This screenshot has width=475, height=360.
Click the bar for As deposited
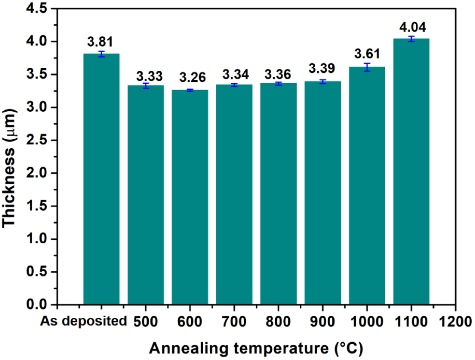[101, 180]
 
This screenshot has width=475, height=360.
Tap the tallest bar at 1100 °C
[411, 172]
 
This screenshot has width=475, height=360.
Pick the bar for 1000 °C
[367, 185]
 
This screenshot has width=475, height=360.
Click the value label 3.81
[100, 42]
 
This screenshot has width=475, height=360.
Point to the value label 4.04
[412, 27]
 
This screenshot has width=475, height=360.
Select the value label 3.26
[192, 77]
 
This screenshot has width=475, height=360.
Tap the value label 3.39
[322, 68]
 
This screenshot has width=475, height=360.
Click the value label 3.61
[367, 54]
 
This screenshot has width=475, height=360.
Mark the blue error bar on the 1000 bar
[367, 67]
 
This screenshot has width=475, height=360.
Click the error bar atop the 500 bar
[146, 86]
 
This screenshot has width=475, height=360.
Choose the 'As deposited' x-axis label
[83, 321]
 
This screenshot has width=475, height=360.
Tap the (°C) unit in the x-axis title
[348, 348]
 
